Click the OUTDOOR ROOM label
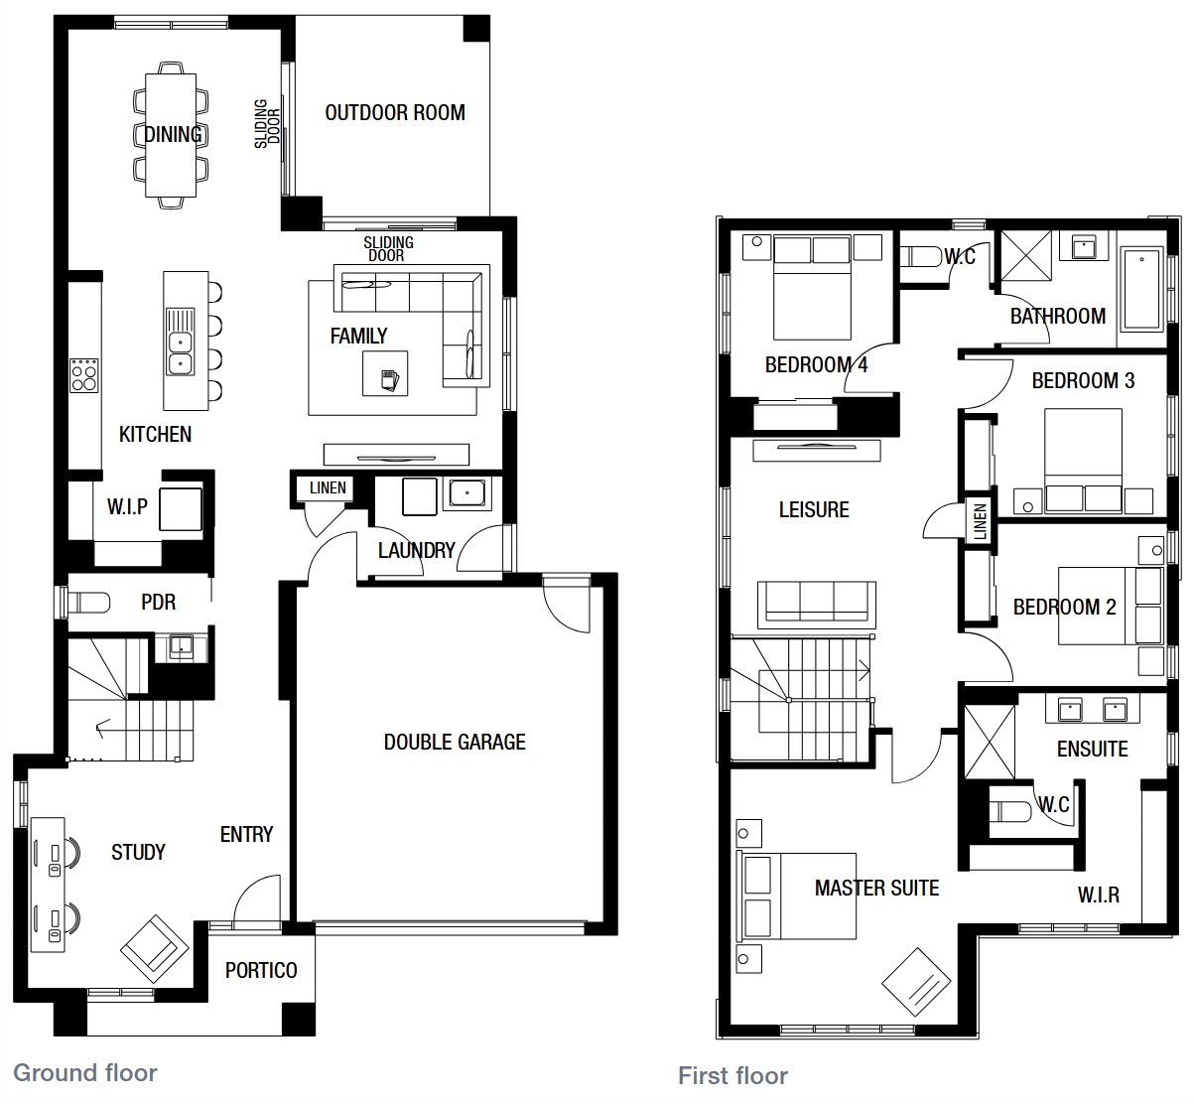(395, 112)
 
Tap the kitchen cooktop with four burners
(84, 375)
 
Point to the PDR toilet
(88, 603)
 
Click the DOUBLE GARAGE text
(455, 742)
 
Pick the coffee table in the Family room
(385, 373)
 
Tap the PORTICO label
(261, 970)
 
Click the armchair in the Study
(155, 949)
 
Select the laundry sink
(467, 494)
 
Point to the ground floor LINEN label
(328, 487)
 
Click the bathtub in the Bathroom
(1141, 289)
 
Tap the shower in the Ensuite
(990, 742)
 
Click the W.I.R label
(1099, 896)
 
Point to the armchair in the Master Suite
(916, 983)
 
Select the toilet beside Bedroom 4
(920, 257)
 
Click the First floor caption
(732, 1076)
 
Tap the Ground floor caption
(85, 1072)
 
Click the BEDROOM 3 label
(1083, 381)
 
